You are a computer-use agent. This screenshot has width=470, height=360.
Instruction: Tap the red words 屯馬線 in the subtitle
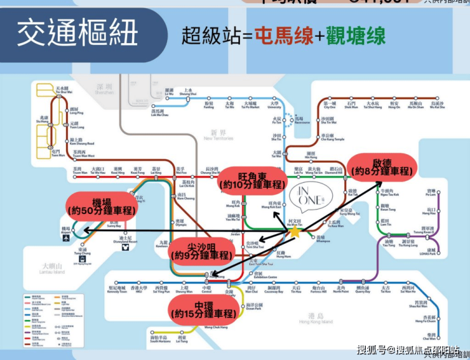(284, 36)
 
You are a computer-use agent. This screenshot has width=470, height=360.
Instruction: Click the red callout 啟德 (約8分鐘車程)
(382, 166)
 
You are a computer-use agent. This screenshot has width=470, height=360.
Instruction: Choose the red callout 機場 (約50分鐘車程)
(102, 204)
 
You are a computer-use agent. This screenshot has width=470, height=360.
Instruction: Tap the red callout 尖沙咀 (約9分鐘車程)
(199, 250)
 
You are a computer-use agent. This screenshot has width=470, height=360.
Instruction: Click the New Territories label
(218, 135)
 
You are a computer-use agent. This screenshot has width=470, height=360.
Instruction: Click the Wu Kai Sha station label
(438, 105)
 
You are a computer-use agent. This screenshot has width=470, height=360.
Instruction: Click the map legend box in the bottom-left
(54, 321)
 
